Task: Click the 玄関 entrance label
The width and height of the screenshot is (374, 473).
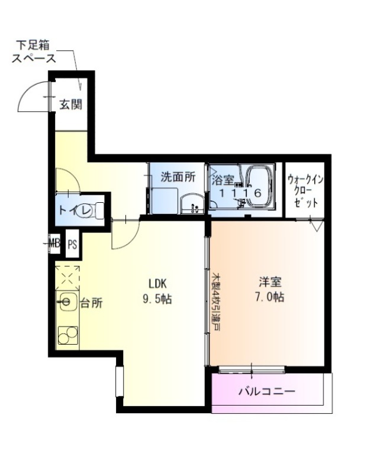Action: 70,105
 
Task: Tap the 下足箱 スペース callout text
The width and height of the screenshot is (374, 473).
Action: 34,51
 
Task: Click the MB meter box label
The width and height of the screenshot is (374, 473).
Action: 54,243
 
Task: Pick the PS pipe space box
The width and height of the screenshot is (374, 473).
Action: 72,244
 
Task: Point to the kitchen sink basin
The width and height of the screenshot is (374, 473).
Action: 67,302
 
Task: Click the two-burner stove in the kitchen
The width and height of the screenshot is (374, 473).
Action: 68,335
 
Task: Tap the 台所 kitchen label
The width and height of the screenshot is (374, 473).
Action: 91,303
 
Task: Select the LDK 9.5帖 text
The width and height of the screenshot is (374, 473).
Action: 157,291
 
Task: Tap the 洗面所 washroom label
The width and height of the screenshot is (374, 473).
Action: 178,177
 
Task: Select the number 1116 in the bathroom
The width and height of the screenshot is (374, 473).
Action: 240,193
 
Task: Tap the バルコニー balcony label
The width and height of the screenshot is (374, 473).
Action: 267,391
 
